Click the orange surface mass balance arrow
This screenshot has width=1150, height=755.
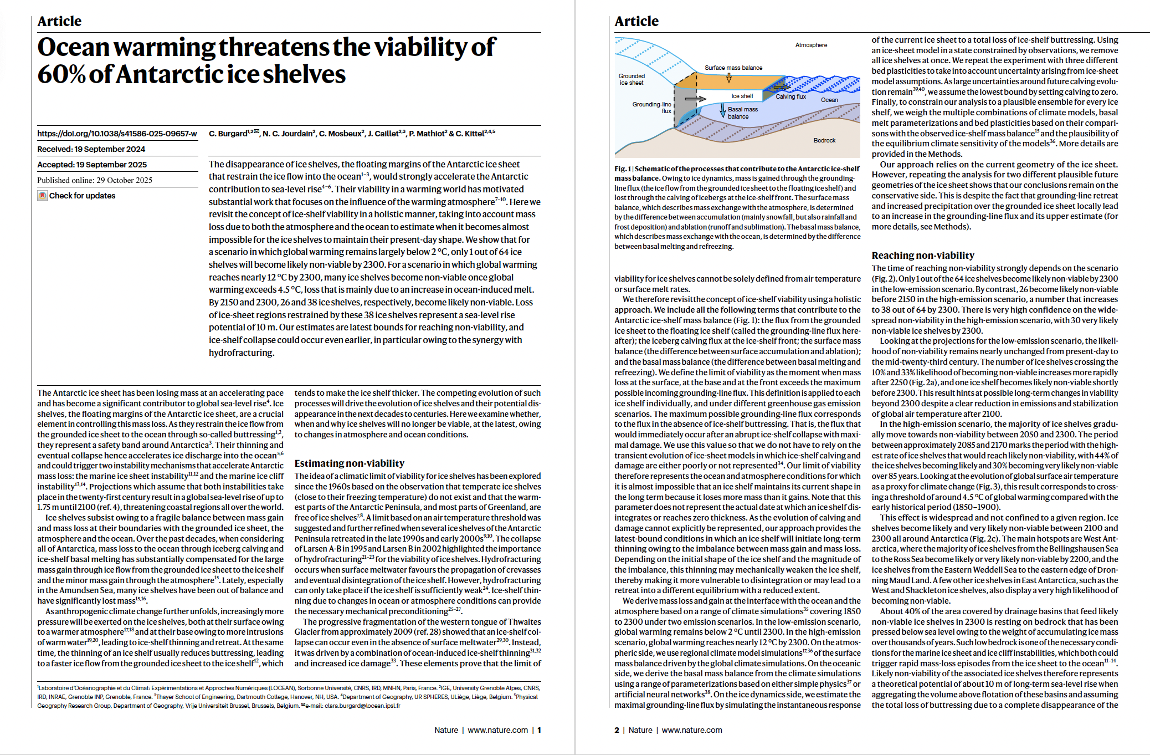pyautogui.click(x=728, y=79)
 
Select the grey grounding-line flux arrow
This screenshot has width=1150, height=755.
pyautogui.click(x=695, y=99)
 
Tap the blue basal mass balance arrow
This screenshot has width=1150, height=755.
pyautogui.click(x=723, y=110)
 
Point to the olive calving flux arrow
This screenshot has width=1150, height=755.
pyautogui.click(x=780, y=87)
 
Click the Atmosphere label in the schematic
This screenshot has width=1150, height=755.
pyautogui.click(x=811, y=45)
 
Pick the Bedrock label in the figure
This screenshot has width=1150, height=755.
pyautogui.click(x=824, y=140)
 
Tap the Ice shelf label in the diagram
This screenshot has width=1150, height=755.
pyautogui.click(x=742, y=96)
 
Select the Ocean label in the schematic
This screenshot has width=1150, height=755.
pyautogui.click(x=829, y=100)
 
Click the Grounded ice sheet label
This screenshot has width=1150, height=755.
pyautogui.click(x=632, y=79)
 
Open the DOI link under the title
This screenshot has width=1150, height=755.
pyautogui.click(x=117, y=134)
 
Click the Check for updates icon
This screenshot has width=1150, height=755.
pyautogui.click(x=43, y=196)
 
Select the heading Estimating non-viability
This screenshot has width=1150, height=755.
pyautogui.click(x=349, y=463)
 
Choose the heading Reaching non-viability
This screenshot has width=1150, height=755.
pyautogui.click(x=922, y=256)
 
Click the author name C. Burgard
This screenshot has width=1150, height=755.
pyautogui.click(x=228, y=134)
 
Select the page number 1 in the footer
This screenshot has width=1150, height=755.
pyautogui.click(x=539, y=730)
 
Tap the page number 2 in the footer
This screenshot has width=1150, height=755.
pyautogui.click(x=617, y=730)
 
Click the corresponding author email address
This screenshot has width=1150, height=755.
pyautogui.click(x=362, y=706)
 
